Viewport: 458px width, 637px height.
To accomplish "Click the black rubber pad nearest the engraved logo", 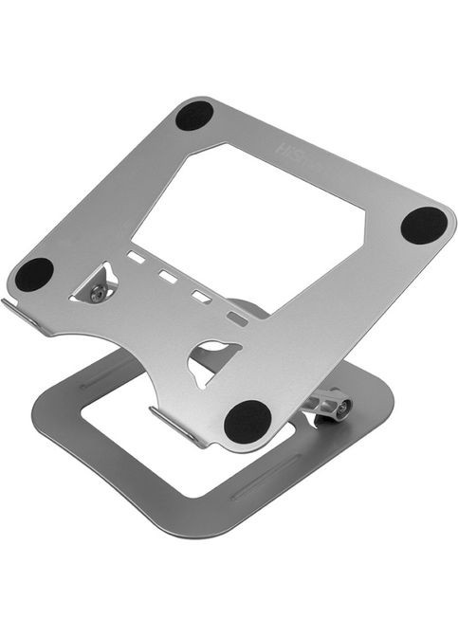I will coord(193,116).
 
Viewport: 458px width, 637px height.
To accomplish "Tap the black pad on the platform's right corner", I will coord(423,225).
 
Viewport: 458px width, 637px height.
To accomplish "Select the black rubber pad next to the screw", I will coord(34,275).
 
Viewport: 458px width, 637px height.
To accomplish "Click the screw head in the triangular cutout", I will coord(97,294).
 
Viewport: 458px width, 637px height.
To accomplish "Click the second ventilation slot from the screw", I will coord(169,278).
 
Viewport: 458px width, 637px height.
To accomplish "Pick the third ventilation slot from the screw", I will coord(201,298).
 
